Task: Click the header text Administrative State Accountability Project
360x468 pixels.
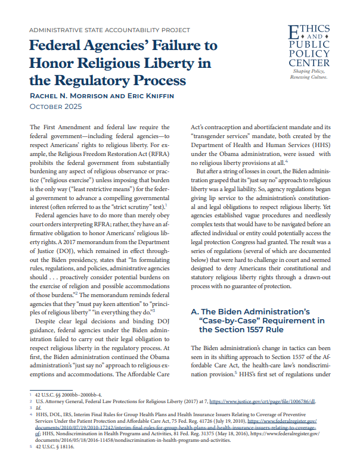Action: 110,30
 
